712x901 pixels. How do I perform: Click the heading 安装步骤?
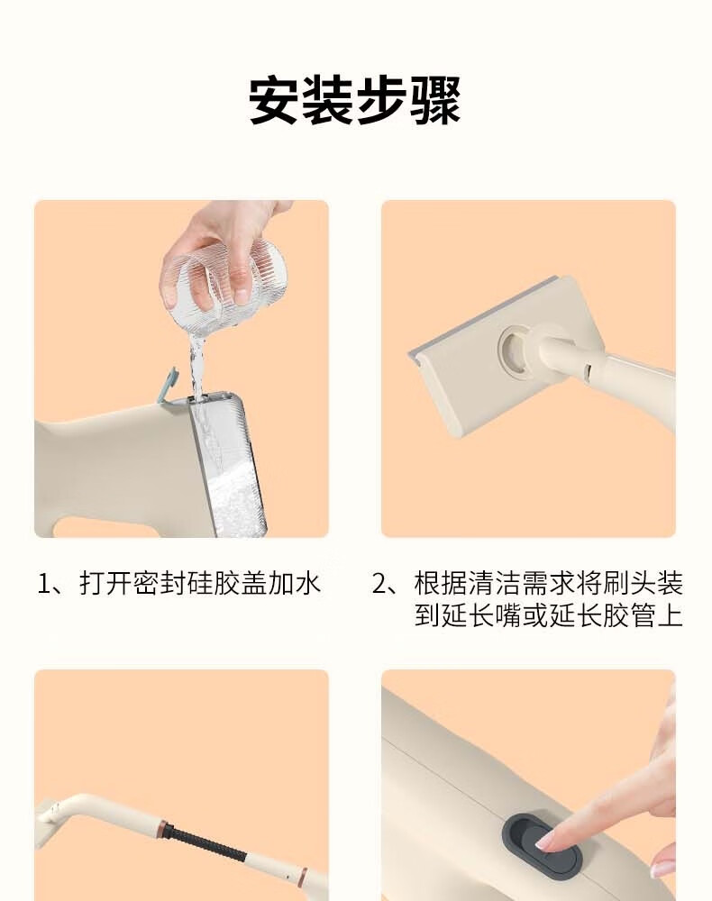[354, 102]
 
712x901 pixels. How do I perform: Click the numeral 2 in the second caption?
[379, 583]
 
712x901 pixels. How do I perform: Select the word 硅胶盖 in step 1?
[227, 583]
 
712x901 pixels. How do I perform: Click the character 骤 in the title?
[435, 102]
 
